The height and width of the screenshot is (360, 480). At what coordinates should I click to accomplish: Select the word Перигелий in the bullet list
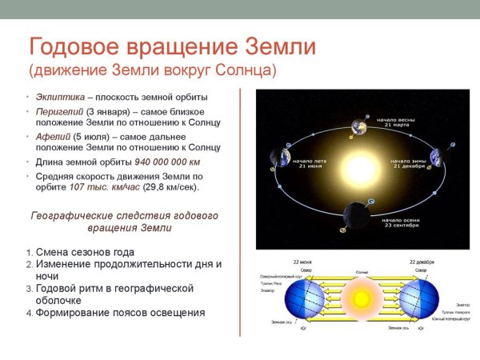point(59,110)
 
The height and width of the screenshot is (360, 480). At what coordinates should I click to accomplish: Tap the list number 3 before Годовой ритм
point(29,288)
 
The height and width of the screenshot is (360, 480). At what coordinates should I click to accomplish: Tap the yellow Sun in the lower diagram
point(362,298)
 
